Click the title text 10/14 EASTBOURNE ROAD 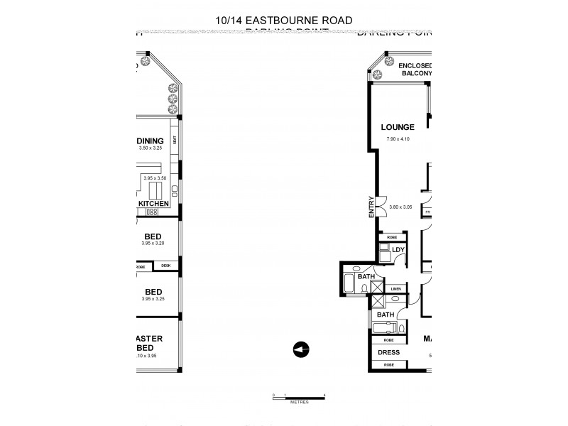point(284,20)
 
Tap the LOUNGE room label point(397,127)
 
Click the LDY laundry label point(398,250)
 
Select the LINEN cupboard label point(395,288)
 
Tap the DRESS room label point(388,352)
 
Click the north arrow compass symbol point(301,349)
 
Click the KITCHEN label point(153,203)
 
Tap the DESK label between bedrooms point(165,266)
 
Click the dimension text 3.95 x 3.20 point(153,244)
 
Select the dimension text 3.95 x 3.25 point(153,299)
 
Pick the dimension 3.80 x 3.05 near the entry point(401,207)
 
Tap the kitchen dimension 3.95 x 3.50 point(154,178)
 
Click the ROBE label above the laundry point(392,237)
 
